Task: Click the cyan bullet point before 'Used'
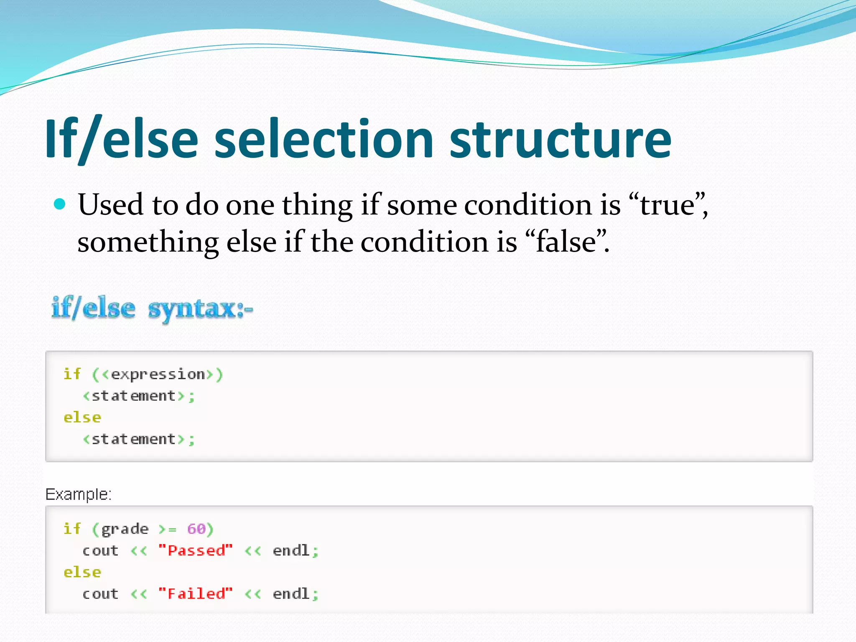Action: [x=60, y=204]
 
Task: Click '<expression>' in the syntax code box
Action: [x=158, y=374]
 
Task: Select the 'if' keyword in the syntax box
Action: [x=72, y=374]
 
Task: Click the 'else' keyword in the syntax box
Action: [x=82, y=417]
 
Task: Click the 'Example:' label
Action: [x=78, y=494]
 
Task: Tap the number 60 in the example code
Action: [x=196, y=529]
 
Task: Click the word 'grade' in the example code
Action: [x=125, y=529]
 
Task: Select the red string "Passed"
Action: [x=195, y=550]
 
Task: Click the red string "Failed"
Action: [x=195, y=594]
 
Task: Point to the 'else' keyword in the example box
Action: [x=82, y=572]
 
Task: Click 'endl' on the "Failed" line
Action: [x=291, y=594]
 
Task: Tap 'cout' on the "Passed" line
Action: [x=100, y=550]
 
